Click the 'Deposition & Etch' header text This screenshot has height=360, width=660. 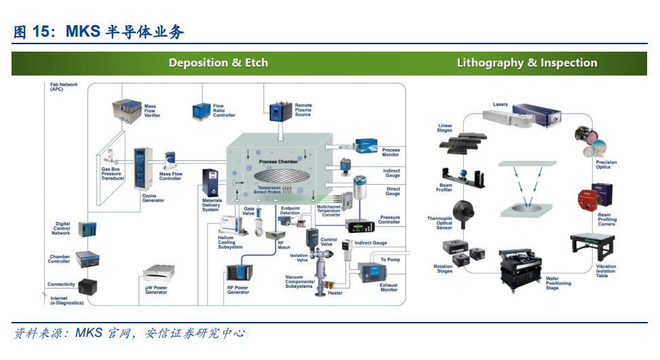coord(218,63)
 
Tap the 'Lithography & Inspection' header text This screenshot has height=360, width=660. coord(527,63)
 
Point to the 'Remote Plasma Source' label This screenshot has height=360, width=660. coord(303,110)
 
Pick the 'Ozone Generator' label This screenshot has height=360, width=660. coord(153,198)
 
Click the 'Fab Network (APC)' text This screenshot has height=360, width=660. coord(64,87)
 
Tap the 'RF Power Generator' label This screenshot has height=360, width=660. coord(238,289)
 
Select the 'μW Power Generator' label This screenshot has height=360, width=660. coord(158,289)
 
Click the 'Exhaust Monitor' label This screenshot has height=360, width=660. coord(389,287)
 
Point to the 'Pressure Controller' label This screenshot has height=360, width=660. coord(389,219)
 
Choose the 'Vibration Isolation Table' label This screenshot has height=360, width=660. coord(606,271)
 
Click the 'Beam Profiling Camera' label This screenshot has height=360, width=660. coord(608,219)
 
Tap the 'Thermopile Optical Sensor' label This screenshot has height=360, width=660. coord(439,223)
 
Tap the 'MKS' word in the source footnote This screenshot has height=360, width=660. coord(89,333)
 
